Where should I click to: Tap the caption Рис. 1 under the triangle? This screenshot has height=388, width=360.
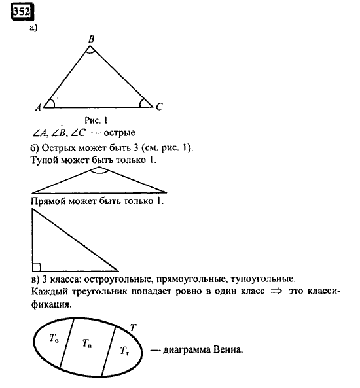tap(96, 120)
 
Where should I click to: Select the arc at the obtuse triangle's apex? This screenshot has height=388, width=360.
tap(99, 171)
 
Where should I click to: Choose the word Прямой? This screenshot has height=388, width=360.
tap(49, 202)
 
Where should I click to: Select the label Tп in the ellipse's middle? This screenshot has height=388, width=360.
tap(88, 344)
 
